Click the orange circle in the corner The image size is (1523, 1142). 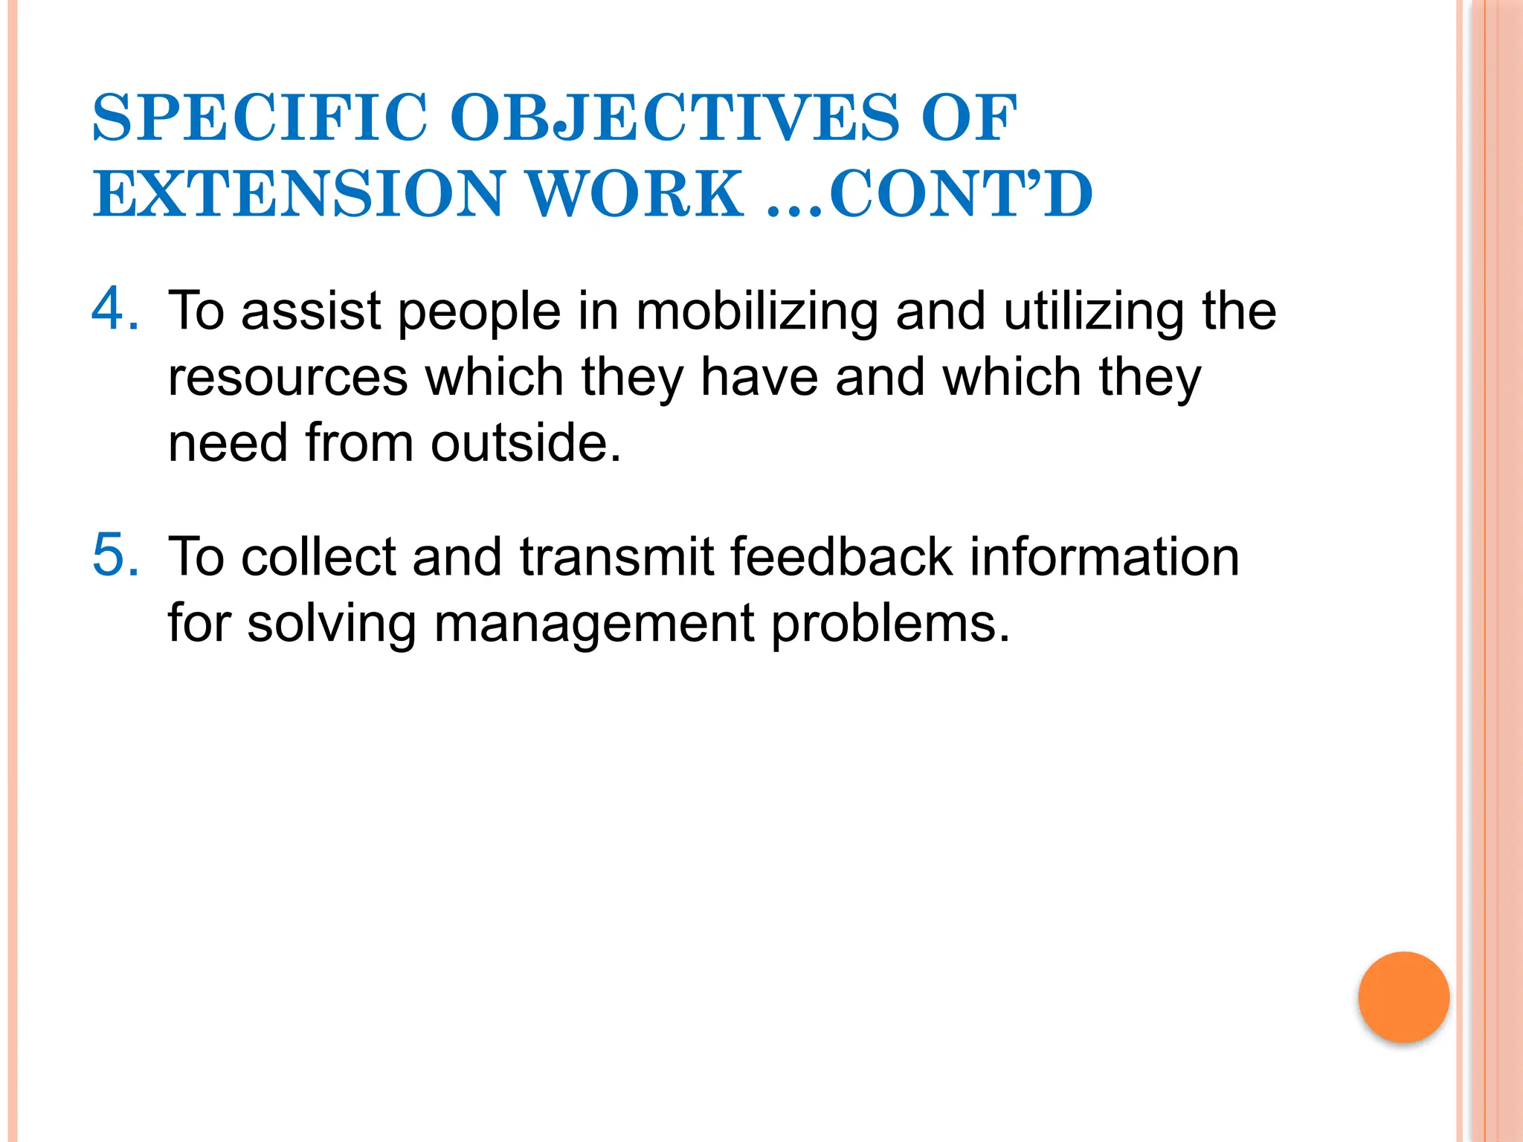click(x=1403, y=997)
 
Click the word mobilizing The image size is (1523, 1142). click(x=757, y=312)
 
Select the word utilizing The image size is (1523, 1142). click(x=1092, y=312)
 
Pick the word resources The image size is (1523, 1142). click(x=288, y=377)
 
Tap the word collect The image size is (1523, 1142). click(x=319, y=557)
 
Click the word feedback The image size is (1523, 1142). click(x=842, y=557)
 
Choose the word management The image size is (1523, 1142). click(x=594, y=624)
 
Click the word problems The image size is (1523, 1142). click(x=890, y=624)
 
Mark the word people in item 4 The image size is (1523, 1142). click(x=479, y=313)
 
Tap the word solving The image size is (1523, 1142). click(x=331, y=624)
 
